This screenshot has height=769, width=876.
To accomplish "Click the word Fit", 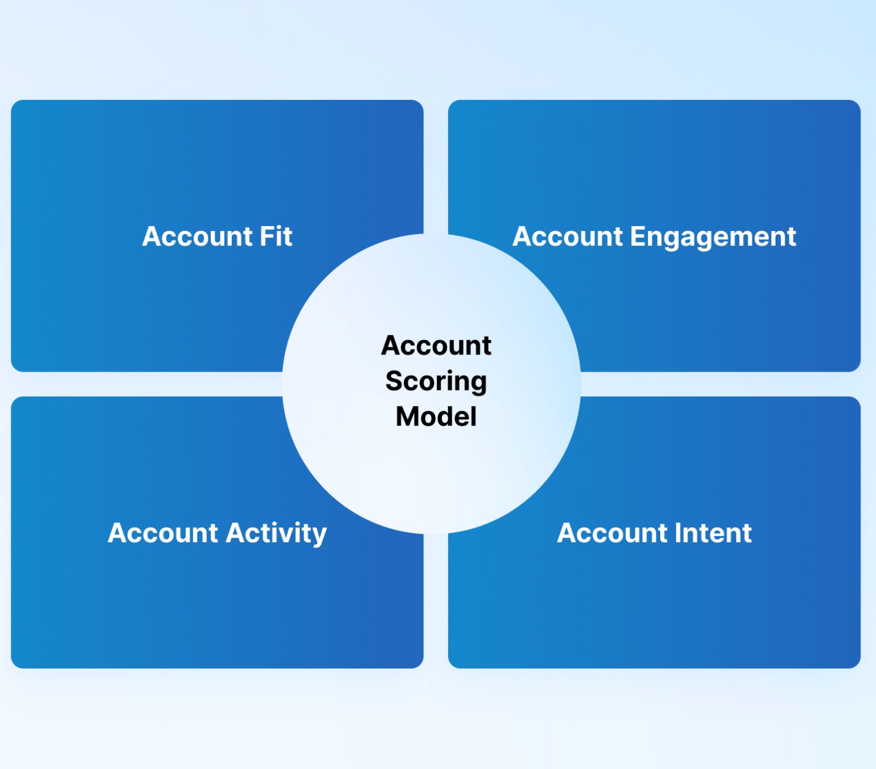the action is point(276,236).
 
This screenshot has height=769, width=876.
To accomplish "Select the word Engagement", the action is point(713,238).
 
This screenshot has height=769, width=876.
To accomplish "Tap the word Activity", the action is point(276,534).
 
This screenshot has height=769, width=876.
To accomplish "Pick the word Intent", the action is point(713,532).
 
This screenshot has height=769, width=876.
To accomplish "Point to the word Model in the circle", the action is point(436,417).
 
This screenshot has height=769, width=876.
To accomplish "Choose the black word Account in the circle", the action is point(436,346).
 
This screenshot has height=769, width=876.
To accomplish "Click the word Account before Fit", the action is point(197,236).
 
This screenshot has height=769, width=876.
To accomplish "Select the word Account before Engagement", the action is point(567,236).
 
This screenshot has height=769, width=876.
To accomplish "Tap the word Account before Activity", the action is point(163,532).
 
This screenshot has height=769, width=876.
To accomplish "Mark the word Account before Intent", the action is point(612,532).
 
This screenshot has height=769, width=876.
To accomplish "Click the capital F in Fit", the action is point(267,237).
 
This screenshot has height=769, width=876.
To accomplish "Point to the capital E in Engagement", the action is point(638,237).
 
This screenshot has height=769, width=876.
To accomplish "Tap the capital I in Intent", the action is point(677,533).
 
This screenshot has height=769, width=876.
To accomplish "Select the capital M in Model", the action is point(407,417).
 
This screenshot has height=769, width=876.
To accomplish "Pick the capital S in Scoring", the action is point(395,381).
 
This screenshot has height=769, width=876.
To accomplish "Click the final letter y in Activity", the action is point(319,537).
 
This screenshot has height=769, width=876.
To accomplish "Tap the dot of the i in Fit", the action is point(279,227).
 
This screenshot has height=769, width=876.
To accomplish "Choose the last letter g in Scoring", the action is point(478,386).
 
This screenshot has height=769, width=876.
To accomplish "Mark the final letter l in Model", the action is point(473,417).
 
